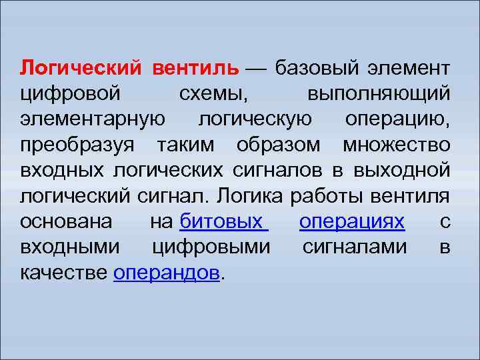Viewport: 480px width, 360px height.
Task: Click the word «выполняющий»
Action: click(379, 93)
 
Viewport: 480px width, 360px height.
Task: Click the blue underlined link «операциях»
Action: click(351, 221)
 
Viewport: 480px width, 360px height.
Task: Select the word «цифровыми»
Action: click(211, 247)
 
